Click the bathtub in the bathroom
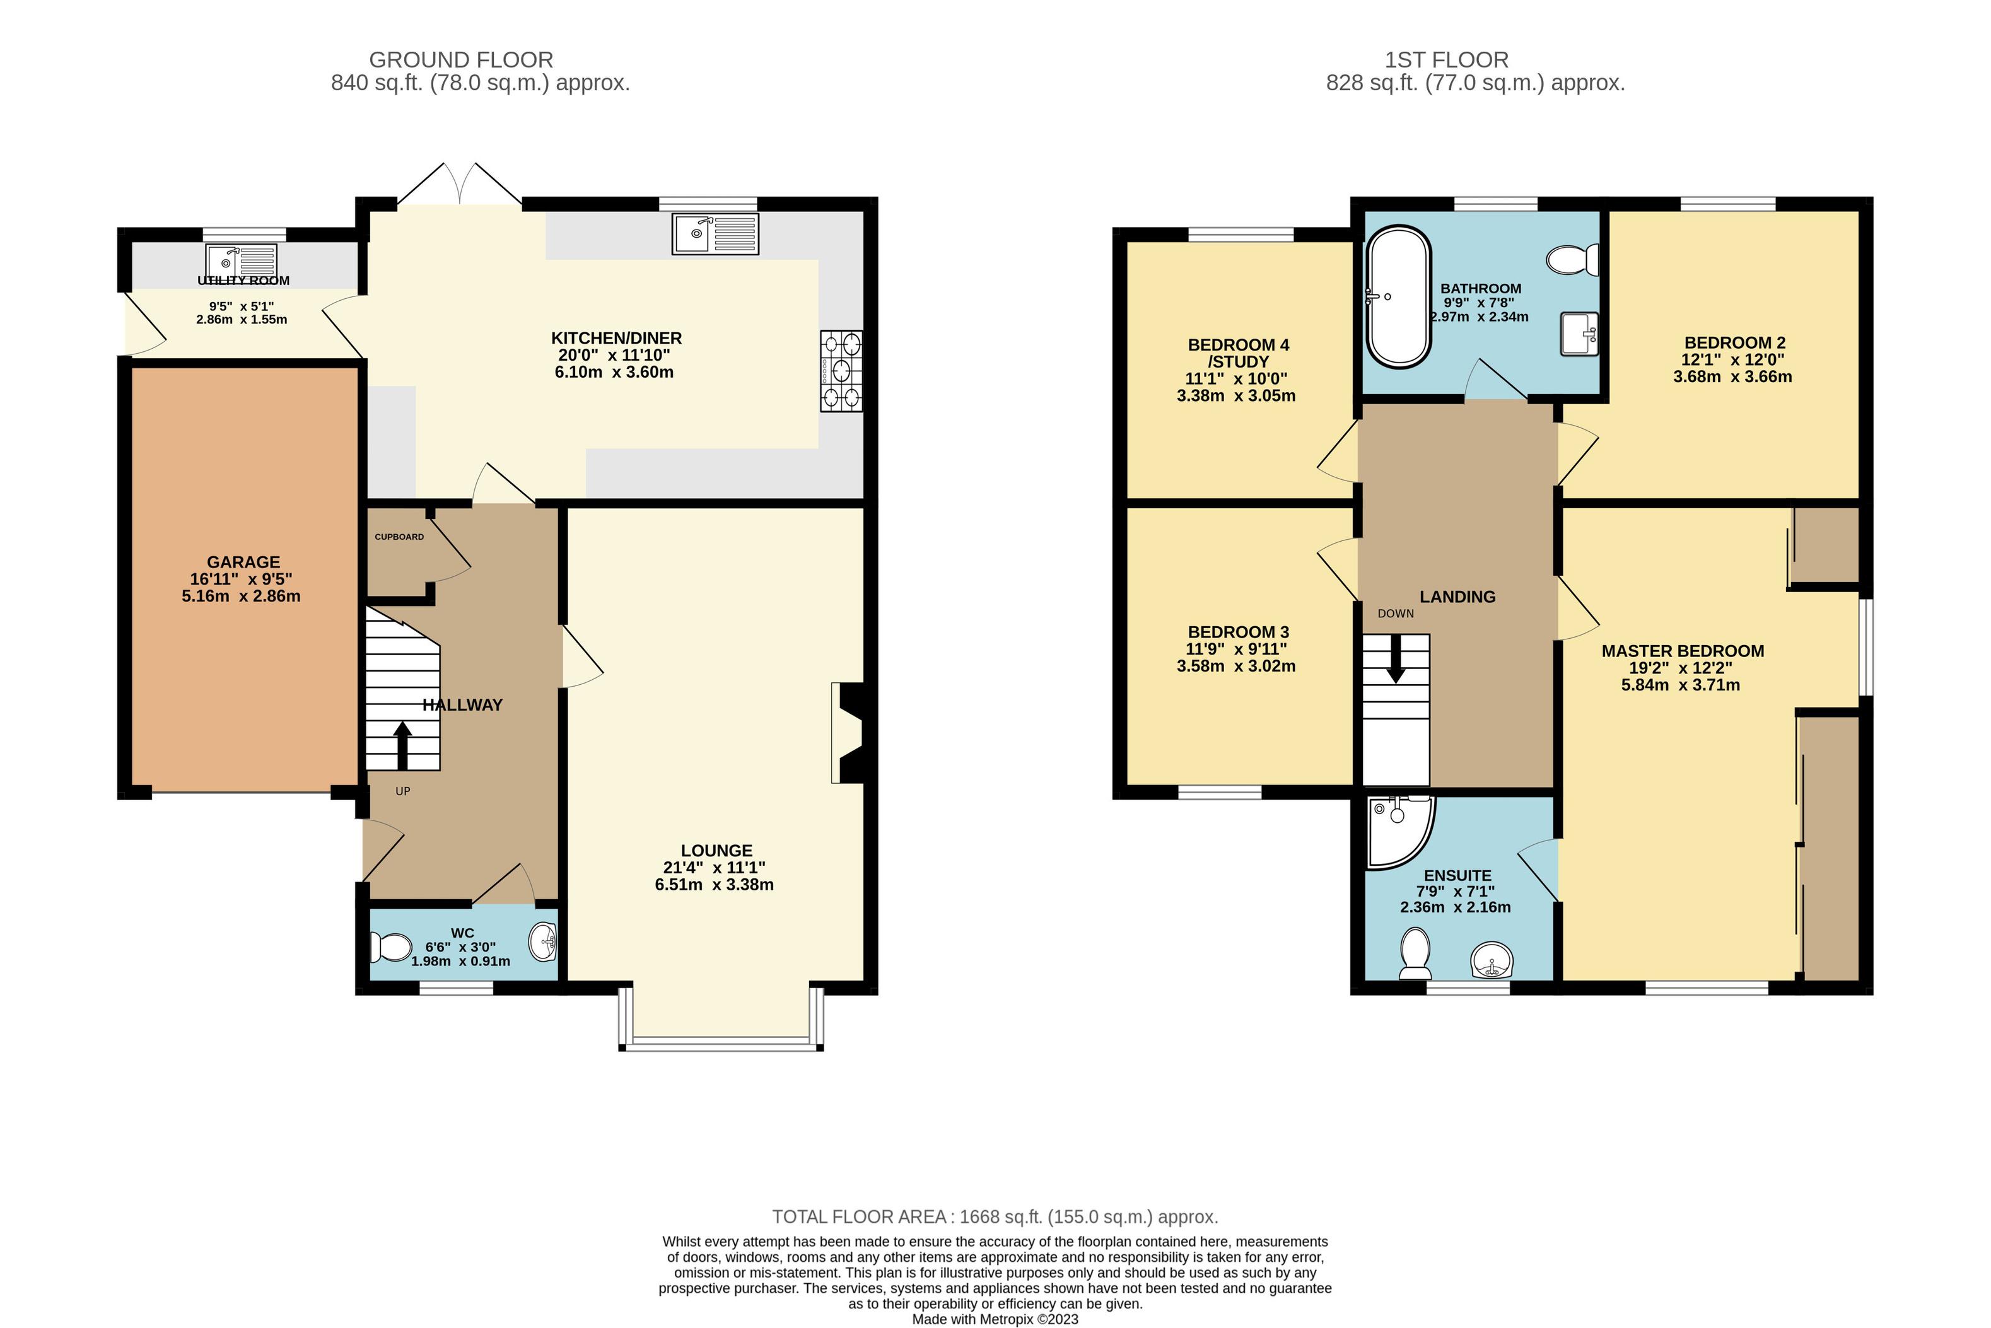click(x=1398, y=296)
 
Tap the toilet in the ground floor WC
click(x=390, y=947)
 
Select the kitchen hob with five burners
click(x=841, y=371)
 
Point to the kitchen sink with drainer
click(x=716, y=234)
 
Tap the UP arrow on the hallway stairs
click(x=402, y=745)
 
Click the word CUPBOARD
click(x=400, y=537)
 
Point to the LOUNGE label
click(x=716, y=850)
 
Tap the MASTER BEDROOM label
click(x=1683, y=651)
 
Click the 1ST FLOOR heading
click(x=1447, y=60)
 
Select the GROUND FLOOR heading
click(x=462, y=60)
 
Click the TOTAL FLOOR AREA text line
click(x=995, y=1217)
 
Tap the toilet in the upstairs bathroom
click(x=1573, y=260)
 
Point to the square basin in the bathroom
click(x=1579, y=334)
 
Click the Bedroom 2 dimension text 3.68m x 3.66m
click(x=1732, y=377)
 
